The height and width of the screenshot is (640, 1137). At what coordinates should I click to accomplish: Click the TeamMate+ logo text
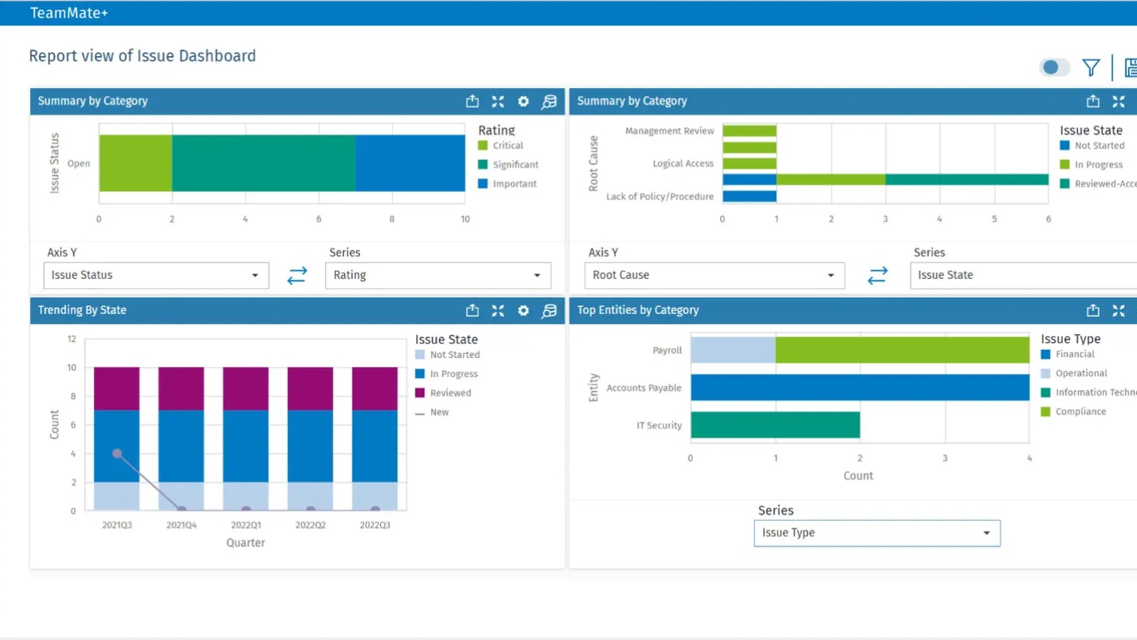69,13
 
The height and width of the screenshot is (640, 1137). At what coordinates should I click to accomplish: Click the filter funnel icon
1091,67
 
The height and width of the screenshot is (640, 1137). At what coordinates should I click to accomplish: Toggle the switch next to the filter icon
1054,67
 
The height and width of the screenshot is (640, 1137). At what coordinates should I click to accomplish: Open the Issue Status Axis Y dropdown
155,275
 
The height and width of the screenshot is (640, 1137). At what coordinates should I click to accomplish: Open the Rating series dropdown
437,275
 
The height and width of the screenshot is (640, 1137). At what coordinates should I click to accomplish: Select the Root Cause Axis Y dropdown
713,275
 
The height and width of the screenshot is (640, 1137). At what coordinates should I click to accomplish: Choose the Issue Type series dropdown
876,533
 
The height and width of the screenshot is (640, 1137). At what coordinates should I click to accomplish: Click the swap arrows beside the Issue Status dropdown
297,275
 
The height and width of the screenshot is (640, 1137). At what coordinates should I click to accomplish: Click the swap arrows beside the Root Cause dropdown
877,275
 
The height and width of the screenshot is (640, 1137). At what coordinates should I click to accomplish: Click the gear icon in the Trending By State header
523,311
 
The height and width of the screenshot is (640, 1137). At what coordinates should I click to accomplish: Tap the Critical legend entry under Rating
507,146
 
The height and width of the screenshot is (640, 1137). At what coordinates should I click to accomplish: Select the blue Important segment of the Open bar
410,163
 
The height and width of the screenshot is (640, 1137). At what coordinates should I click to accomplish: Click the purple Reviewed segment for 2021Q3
117,388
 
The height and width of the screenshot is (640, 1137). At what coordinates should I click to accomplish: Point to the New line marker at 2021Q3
117,453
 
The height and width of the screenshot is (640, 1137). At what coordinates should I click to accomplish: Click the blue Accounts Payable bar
859,387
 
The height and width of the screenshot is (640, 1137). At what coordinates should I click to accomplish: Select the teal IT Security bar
775,425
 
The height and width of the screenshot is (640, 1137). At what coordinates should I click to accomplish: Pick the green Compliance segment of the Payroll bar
902,350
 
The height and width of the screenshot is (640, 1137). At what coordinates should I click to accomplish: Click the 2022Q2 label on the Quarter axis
310,525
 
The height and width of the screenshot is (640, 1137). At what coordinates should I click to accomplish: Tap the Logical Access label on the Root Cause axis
682,163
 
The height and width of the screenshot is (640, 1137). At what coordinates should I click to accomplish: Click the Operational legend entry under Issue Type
1080,373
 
